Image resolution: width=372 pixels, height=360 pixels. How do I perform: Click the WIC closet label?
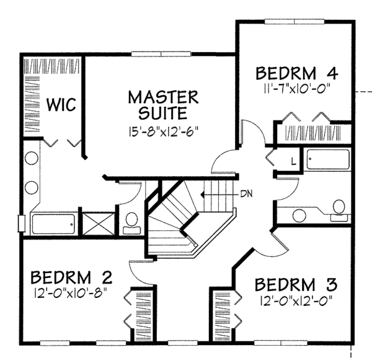click(x=61, y=104)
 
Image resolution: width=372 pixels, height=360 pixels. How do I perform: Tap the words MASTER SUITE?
click(x=163, y=105)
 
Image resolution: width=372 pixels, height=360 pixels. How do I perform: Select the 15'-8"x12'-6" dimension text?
click(x=164, y=132)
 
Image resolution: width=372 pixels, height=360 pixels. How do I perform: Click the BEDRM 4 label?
click(x=296, y=73)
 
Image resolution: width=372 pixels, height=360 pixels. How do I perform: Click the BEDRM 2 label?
click(x=71, y=277)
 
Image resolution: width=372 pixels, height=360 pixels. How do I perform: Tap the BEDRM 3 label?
click(x=296, y=284)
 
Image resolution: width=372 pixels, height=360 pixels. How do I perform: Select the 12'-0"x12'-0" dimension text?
click(x=296, y=300)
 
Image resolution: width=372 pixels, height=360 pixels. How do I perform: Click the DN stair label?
click(x=247, y=194)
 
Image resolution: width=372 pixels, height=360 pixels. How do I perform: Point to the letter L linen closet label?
click(x=294, y=162)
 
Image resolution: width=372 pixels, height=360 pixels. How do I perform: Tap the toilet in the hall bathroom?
click(x=339, y=210)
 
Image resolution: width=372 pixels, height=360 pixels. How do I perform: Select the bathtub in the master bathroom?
click(x=53, y=224)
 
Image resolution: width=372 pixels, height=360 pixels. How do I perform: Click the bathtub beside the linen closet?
click(x=328, y=159)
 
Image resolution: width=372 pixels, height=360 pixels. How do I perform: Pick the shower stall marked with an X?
click(x=98, y=224)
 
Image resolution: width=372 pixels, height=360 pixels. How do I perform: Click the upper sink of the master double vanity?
click(x=32, y=158)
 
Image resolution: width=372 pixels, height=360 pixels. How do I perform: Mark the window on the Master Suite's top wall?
click(x=161, y=54)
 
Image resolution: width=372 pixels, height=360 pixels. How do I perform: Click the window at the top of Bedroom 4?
click(x=294, y=22)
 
